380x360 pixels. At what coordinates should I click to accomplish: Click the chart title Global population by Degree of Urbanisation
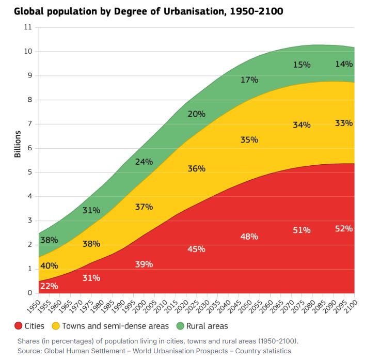tap(148, 10)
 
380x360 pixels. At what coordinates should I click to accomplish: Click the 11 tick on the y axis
tap(28, 27)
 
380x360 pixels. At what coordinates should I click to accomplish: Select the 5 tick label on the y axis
tap(30, 172)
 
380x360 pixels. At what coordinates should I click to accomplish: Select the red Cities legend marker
tap(18, 326)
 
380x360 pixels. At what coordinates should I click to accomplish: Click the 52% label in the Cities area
tap(343, 228)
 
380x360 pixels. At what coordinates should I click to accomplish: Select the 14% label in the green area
tap(343, 64)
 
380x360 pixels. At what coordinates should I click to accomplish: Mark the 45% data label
tap(196, 249)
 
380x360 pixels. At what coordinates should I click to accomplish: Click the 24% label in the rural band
tap(144, 162)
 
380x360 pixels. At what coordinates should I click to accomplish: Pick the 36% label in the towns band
tap(196, 168)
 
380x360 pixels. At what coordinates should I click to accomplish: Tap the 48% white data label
tap(249, 237)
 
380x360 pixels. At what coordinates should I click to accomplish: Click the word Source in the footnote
tap(29, 351)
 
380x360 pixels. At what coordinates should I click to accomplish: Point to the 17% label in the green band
tap(249, 80)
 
